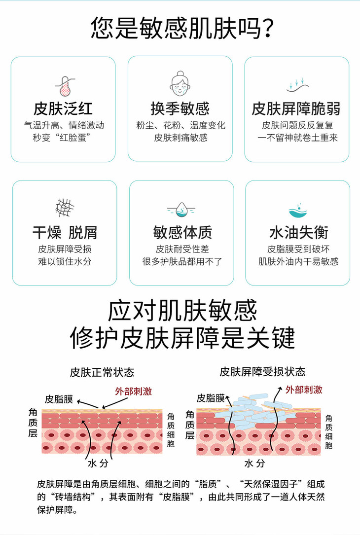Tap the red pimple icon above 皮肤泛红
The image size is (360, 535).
pyautogui.click(x=64, y=86)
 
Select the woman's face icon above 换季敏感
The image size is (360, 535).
pyautogui.click(x=180, y=84)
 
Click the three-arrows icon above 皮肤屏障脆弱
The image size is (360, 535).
pyautogui.click(x=297, y=85)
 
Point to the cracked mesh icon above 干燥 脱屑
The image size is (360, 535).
pyautogui.click(x=65, y=208)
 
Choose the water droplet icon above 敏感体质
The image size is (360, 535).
pyautogui.click(x=181, y=210)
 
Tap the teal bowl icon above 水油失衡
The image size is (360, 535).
pyautogui.click(x=298, y=210)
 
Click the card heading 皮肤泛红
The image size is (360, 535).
pyautogui.click(x=63, y=109)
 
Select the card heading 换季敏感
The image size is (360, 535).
pyautogui.click(x=180, y=109)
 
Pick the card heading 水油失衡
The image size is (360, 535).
pyautogui.click(x=299, y=233)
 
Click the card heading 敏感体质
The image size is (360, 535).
pyautogui.click(x=182, y=233)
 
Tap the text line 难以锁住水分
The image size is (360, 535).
pyautogui.click(x=65, y=262)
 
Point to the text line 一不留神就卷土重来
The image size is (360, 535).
pyautogui.click(x=297, y=138)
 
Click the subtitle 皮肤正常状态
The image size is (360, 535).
pyautogui.click(x=102, y=372)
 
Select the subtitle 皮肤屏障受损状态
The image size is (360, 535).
pyautogui.click(x=262, y=372)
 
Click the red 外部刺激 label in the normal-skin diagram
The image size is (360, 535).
pyautogui.click(x=134, y=392)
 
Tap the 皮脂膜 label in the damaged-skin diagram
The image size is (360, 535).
pyautogui.click(x=211, y=398)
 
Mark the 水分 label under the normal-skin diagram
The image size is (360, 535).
pyautogui.click(x=98, y=464)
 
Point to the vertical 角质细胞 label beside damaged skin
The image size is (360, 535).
pyautogui.click(x=328, y=432)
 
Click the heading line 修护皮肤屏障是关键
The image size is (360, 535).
pyautogui.click(x=182, y=338)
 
